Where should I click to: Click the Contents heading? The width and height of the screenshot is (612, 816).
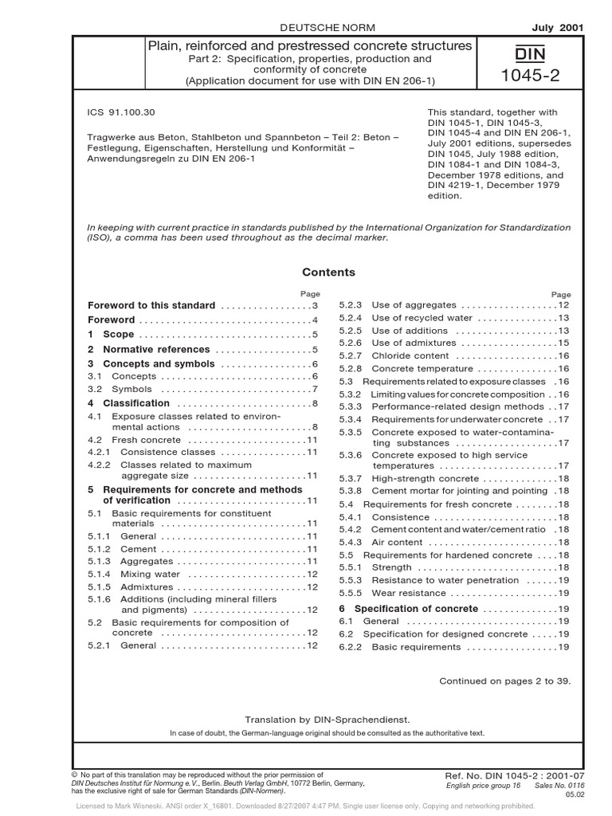coord(328,273)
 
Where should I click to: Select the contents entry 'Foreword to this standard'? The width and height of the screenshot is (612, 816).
coord(151,305)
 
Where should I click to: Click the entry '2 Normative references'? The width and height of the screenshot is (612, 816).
coord(148,349)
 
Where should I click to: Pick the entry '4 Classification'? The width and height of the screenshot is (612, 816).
coord(126,403)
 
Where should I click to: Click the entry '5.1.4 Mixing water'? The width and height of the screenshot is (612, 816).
coord(139,574)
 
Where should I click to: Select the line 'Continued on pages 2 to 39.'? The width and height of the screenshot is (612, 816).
coord(505,681)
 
